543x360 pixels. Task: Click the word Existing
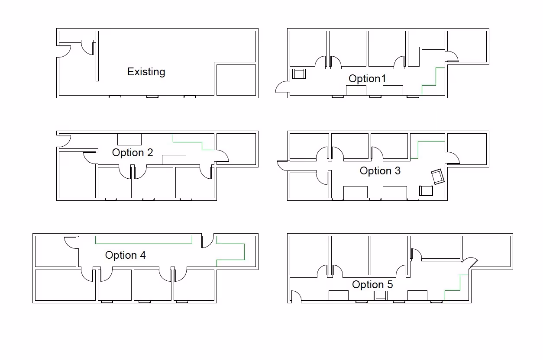click(146, 71)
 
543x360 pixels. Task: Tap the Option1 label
click(367, 78)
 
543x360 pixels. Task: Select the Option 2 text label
click(133, 152)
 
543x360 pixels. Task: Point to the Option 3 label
click(380, 170)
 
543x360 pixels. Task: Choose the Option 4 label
click(125, 255)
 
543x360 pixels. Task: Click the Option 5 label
click(372, 284)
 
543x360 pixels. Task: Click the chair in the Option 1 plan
click(299, 74)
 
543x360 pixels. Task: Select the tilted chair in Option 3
click(438, 177)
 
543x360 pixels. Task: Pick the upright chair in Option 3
click(426, 190)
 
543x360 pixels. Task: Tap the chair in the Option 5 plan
click(381, 296)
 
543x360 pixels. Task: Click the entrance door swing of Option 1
click(281, 87)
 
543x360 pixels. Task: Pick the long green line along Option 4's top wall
click(143, 243)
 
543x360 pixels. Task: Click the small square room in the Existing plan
click(236, 80)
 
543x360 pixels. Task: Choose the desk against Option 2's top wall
click(129, 139)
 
